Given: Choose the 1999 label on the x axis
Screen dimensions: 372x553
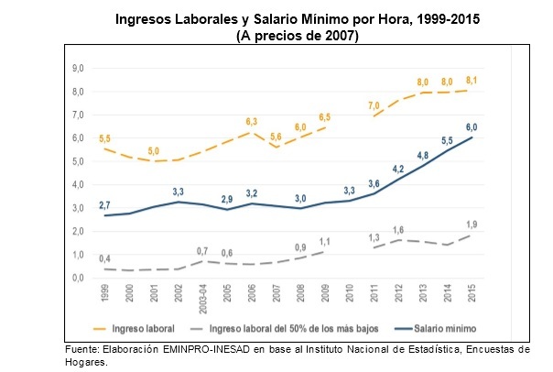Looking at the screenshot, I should (x=105, y=296).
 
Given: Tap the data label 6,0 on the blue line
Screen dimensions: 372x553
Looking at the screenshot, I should (x=472, y=127).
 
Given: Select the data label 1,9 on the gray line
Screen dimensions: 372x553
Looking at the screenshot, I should (x=471, y=224).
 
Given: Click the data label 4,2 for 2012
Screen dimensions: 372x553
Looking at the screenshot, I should (x=398, y=170).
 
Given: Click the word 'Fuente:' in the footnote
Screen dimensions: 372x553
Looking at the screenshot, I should (x=85, y=349).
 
